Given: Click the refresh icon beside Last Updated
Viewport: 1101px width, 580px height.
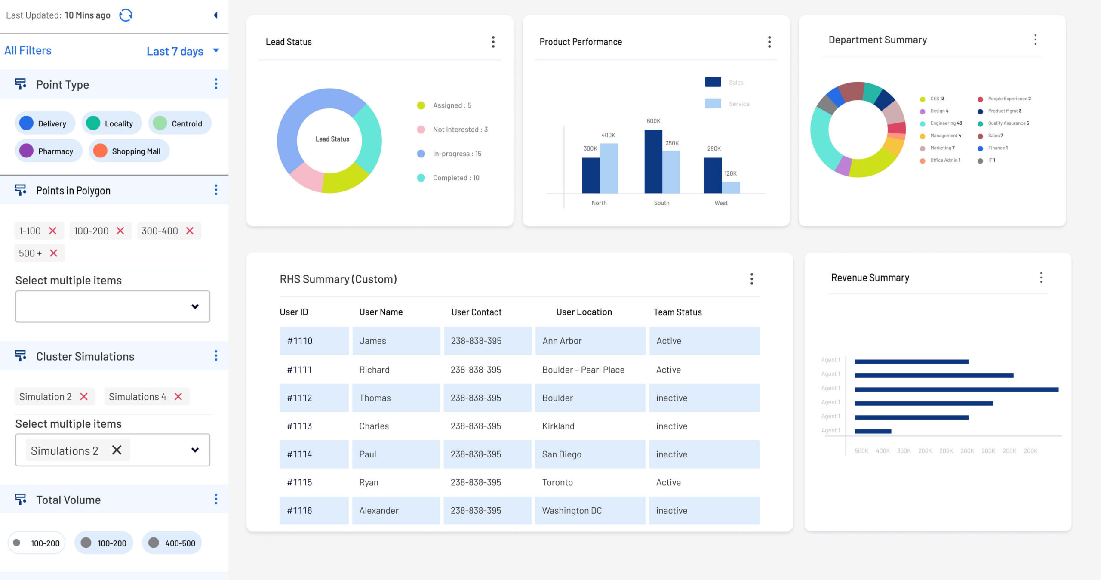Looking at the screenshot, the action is point(126,15).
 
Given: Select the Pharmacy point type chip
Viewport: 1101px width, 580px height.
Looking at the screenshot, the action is point(48,151).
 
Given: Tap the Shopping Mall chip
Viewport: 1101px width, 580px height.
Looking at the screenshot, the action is point(129,151).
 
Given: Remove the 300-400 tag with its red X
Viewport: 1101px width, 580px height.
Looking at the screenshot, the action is point(190,231).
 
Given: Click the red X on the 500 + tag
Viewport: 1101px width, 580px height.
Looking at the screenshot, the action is point(53,253).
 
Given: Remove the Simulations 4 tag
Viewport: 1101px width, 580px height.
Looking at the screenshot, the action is point(178,396).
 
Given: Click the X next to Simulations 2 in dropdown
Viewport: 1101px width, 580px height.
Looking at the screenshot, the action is point(117,450).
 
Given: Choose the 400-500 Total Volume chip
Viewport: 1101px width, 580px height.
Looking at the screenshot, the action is point(172,543).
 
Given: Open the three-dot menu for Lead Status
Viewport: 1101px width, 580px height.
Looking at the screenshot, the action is point(493,42).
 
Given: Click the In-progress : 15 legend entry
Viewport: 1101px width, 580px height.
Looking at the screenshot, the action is point(449,154).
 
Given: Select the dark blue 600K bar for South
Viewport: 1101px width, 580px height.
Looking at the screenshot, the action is point(653,162).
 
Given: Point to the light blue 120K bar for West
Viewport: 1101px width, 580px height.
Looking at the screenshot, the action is point(731,188).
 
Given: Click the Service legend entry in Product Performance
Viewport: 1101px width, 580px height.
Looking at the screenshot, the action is point(727,104).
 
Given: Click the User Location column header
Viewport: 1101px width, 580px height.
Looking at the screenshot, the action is point(584,312).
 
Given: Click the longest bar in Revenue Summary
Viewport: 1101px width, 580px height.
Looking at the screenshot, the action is point(956,390).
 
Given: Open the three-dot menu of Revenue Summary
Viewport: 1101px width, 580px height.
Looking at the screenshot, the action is point(1041,278).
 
